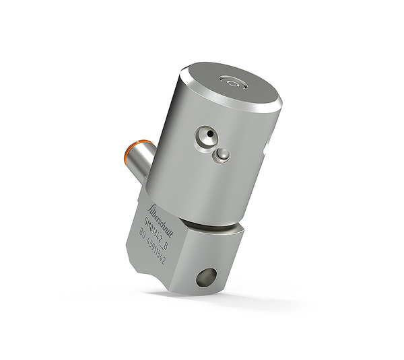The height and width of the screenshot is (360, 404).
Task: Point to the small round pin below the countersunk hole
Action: tap(222, 155)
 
